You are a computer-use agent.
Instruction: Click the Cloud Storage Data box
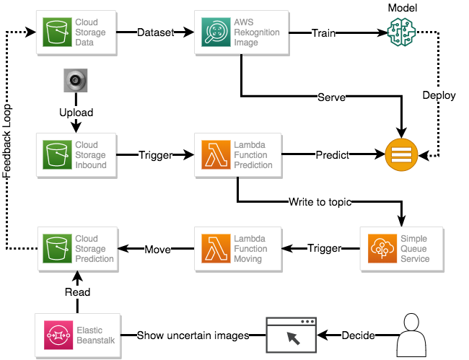click(x=78, y=32)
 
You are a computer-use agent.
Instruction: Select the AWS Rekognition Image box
click(x=241, y=32)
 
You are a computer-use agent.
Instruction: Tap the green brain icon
click(x=401, y=33)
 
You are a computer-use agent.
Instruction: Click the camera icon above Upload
click(x=75, y=82)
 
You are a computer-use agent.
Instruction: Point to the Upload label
click(x=76, y=113)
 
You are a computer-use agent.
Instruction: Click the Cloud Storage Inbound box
click(x=78, y=155)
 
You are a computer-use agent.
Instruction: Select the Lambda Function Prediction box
click(x=241, y=155)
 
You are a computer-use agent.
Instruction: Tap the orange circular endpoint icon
click(x=401, y=154)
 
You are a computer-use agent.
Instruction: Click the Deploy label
click(x=439, y=95)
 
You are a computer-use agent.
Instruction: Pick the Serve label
click(x=331, y=97)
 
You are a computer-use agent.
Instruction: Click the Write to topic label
click(x=320, y=202)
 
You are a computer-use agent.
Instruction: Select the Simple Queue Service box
click(x=401, y=249)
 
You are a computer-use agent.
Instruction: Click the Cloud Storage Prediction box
click(x=78, y=249)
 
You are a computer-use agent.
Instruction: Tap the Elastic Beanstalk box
click(x=77, y=335)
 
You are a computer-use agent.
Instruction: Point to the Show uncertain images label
click(x=193, y=335)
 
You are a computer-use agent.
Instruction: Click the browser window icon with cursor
click(x=292, y=335)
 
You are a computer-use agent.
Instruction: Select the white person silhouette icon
click(x=411, y=335)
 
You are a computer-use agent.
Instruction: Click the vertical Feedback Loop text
click(x=7, y=141)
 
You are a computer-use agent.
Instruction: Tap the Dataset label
click(x=155, y=32)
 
